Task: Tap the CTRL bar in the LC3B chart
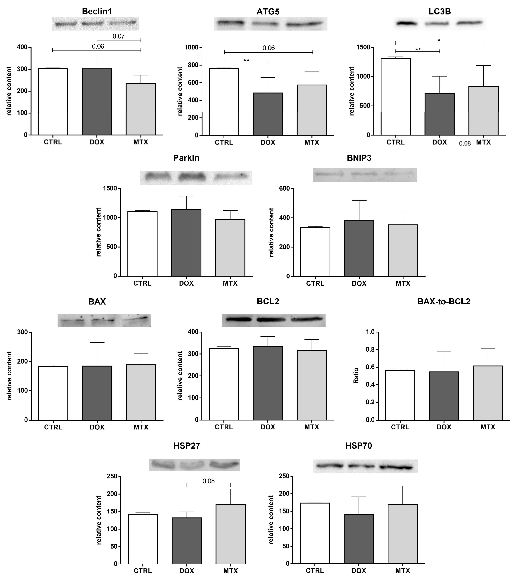[x=395, y=97]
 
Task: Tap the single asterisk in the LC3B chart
[x=439, y=40]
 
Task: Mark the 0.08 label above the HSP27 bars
[x=209, y=481]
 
